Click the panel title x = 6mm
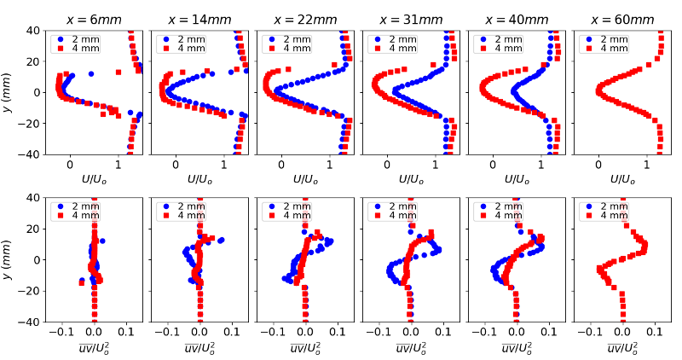tap(95, 19)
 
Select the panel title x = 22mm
tap(305, 19)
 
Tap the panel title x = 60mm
tap(621, 19)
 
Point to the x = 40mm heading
tap(516, 19)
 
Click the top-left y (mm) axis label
tap(9, 92)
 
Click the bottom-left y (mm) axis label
tap(9, 259)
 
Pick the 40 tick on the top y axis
tap(34, 31)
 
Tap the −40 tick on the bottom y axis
tap(32, 322)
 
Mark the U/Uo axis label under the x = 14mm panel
tap(199, 179)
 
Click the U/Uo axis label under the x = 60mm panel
tap(621, 179)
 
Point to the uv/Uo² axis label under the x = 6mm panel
tap(95, 347)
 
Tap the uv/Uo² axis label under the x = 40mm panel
tap(516, 347)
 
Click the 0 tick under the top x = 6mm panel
tap(71, 164)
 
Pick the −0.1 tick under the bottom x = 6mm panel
tap(60, 332)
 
